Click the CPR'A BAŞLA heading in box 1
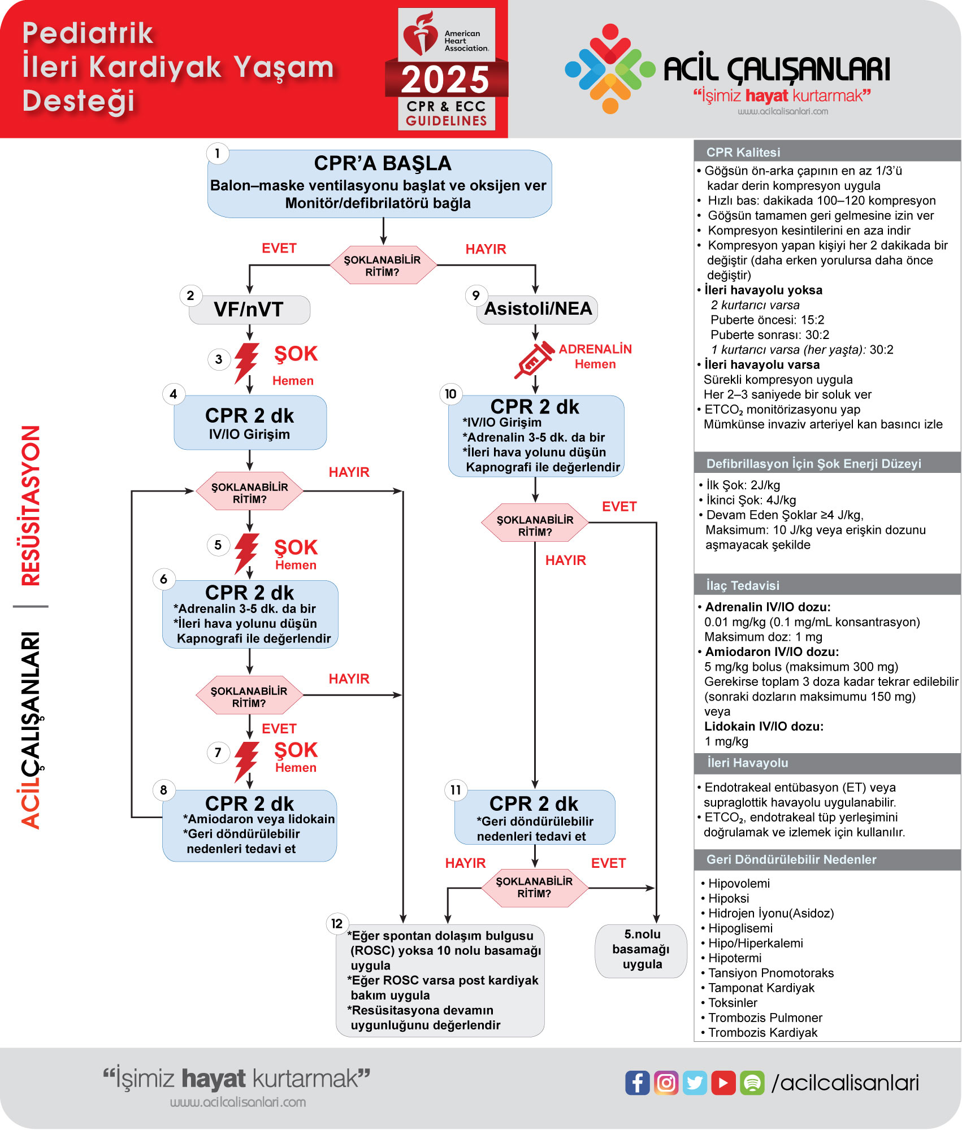click(382, 163)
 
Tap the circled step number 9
click(476, 295)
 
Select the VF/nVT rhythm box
click(249, 310)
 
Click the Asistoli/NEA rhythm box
click(538, 309)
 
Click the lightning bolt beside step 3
click(246, 362)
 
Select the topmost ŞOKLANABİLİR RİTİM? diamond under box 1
click(383, 266)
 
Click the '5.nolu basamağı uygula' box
click(642, 950)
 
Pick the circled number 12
click(337, 924)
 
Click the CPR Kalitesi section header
click(743, 152)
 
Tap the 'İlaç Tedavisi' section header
click(742, 585)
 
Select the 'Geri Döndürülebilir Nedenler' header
click(791, 859)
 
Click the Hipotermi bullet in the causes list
click(734, 958)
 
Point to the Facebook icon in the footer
click(637, 1083)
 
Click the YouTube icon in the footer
click(723, 1083)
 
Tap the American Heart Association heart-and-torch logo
click(420, 34)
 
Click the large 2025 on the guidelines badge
click(445, 80)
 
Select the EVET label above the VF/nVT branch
click(279, 249)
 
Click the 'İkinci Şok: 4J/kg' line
click(751, 500)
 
